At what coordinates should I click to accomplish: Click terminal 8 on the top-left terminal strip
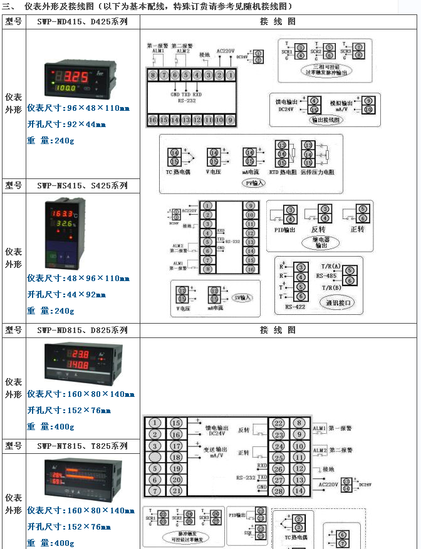click(x=152, y=74)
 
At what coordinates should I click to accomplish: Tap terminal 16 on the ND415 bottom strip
click(x=152, y=119)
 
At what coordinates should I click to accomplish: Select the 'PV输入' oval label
click(x=254, y=183)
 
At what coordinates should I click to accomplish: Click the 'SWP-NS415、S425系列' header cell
click(x=82, y=185)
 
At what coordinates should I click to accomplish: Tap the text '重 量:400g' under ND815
click(x=51, y=426)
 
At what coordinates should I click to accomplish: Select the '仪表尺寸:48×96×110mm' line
click(x=78, y=278)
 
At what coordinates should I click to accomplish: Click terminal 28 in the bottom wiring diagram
click(x=278, y=491)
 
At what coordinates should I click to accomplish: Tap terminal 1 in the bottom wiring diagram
click(x=155, y=423)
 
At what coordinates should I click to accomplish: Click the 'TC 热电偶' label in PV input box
click(x=177, y=172)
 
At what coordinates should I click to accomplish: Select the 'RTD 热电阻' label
click(x=283, y=172)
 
